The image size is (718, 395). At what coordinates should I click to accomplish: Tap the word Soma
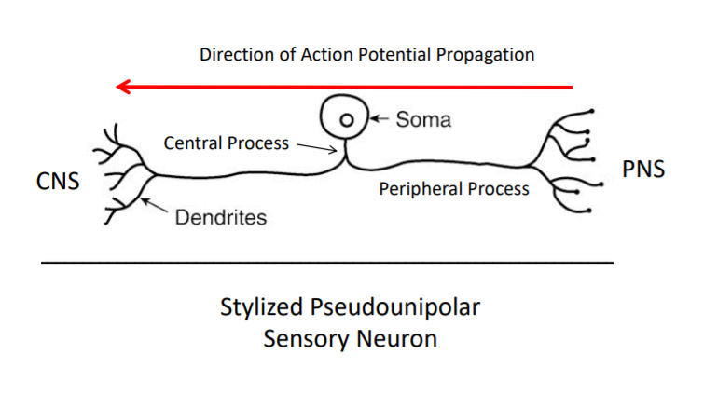[423, 119]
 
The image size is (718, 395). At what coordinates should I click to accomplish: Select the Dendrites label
[221, 218]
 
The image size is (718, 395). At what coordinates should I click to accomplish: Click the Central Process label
[227, 143]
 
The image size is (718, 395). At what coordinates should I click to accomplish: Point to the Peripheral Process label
[453, 189]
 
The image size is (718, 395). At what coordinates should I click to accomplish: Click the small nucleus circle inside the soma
[346, 119]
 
